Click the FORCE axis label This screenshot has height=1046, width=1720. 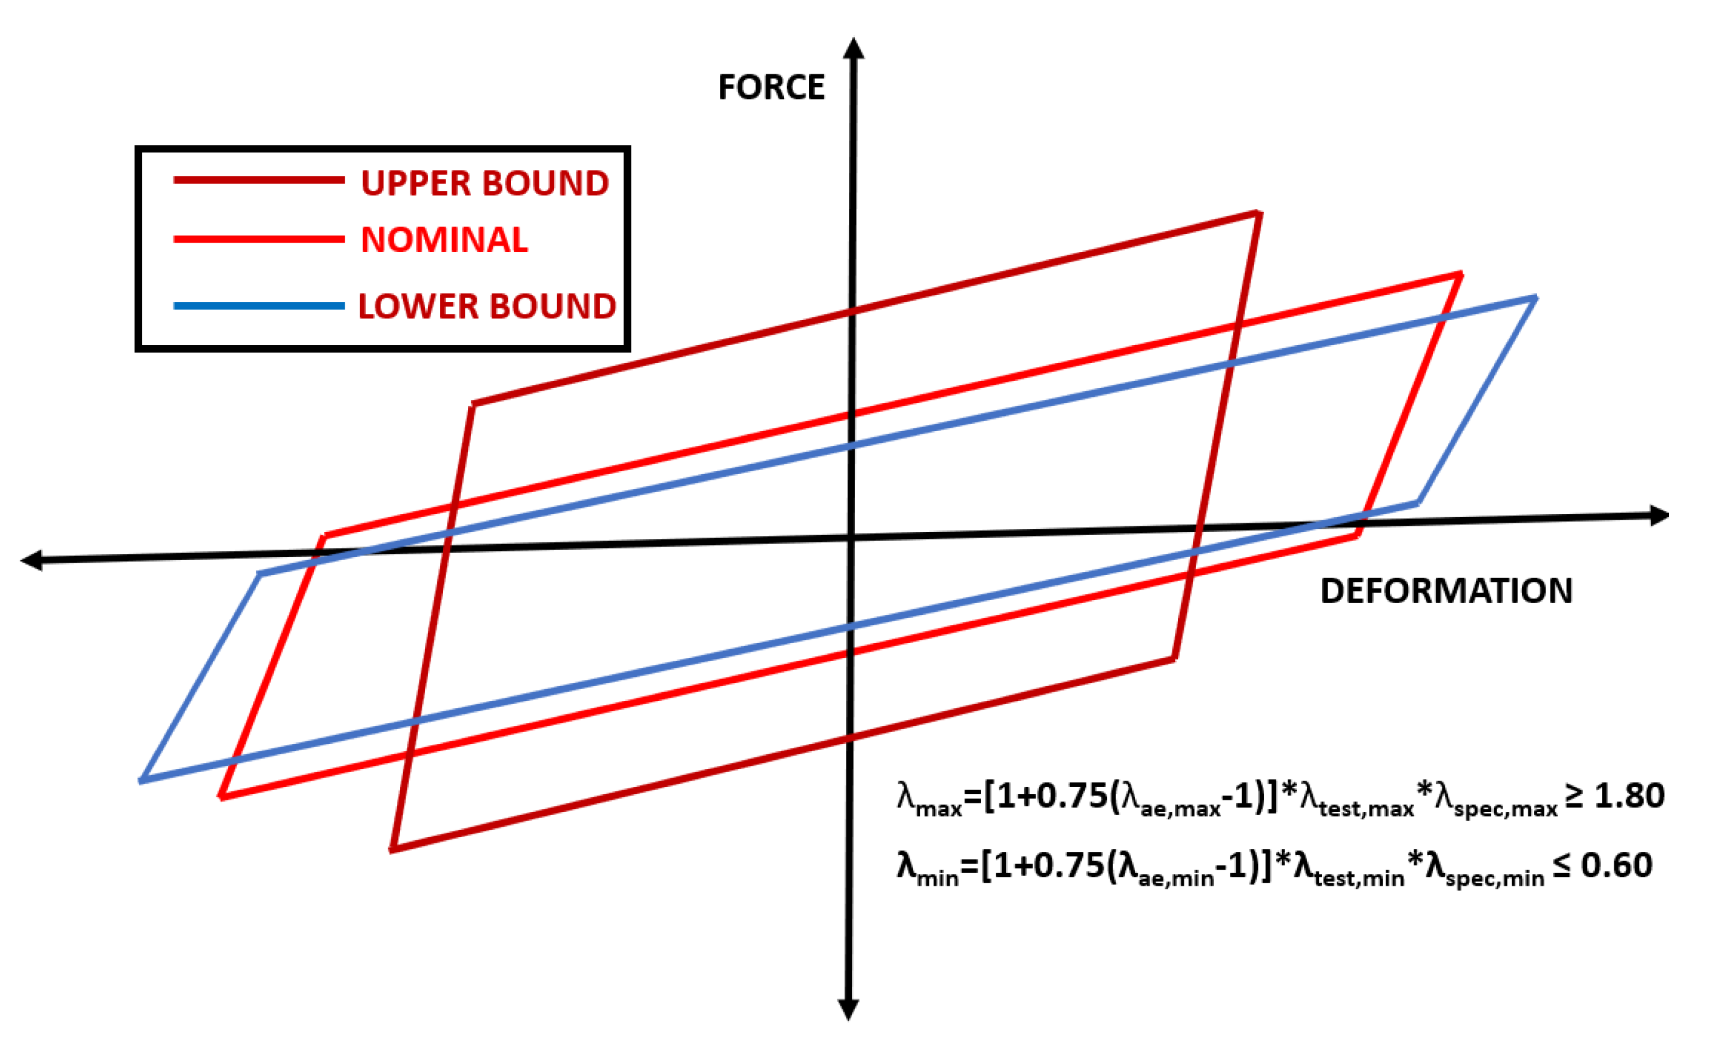coord(771,88)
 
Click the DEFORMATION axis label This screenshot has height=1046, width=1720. coord(1447,591)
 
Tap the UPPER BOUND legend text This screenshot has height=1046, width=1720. coord(485,184)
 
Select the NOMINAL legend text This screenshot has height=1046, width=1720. coord(444,240)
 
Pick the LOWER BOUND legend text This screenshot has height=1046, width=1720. coord(487,306)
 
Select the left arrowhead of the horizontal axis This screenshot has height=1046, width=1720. coord(32,560)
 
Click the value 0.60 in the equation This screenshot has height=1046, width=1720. coord(1617,865)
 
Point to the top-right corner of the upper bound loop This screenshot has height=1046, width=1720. coord(1259,213)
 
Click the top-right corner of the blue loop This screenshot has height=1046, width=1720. coord(1536,298)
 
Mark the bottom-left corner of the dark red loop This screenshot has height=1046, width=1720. coord(393,849)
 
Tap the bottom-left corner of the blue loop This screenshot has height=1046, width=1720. coord(142,781)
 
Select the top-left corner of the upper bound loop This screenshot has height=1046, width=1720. coord(472,404)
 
